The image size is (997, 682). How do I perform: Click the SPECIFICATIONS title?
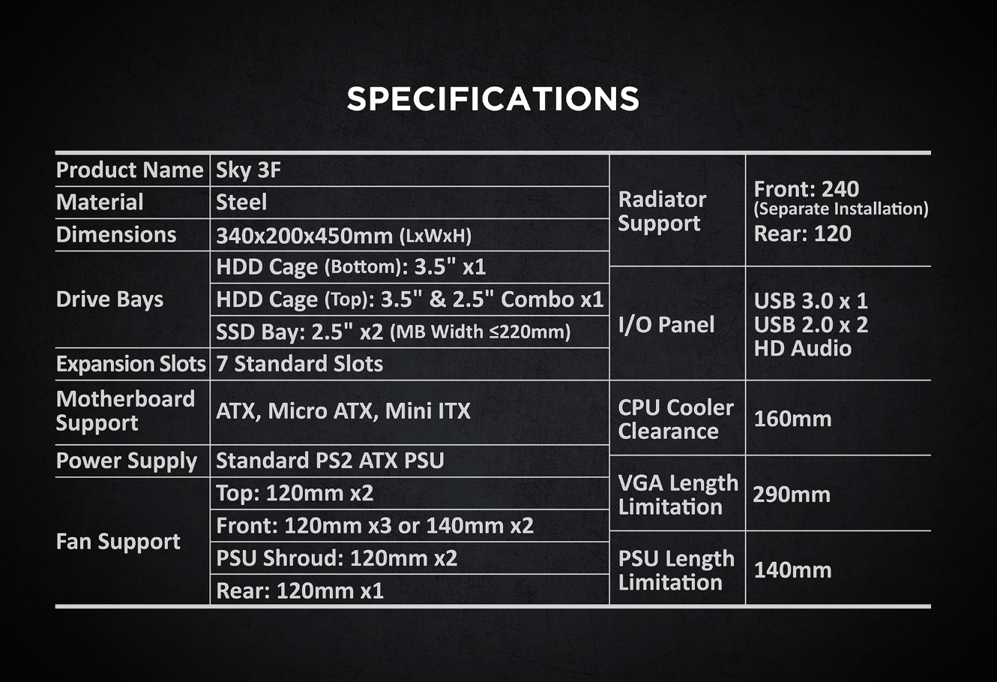tap(493, 99)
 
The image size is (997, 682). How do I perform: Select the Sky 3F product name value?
tap(248, 170)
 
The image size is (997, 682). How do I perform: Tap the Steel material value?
tap(241, 203)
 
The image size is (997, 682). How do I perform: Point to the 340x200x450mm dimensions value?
tap(343, 236)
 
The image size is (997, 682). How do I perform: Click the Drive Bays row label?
tap(109, 299)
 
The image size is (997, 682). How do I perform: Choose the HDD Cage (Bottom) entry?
tap(351, 267)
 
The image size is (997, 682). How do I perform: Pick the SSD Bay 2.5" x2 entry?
tap(393, 332)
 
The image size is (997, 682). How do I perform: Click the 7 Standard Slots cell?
tap(299, 364)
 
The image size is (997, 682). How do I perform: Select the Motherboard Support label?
tap(125, 410)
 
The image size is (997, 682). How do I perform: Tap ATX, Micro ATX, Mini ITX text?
tap(343, 411)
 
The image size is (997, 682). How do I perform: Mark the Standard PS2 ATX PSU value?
tap(330, 460)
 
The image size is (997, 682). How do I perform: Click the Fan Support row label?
tap(118, 541)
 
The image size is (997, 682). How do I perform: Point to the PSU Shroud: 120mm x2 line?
tap(337, 558)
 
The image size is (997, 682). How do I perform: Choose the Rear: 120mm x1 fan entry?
tap(300, 590)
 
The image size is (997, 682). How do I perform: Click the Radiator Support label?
tap(662, 211)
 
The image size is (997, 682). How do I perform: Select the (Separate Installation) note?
tap(841, 209)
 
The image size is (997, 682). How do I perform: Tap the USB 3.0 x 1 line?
tap(810, 301)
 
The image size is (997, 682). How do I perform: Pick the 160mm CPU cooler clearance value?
tap(792, 418)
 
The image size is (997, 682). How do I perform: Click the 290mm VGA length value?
tap(792, 494)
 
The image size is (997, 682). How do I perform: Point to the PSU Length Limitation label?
tap(676, 570)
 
